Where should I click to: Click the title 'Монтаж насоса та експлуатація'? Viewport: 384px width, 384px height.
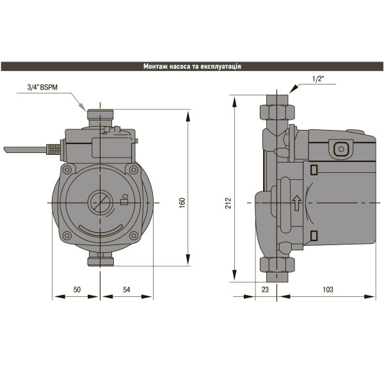point(192,66)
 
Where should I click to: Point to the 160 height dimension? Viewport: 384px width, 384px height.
point(182,202)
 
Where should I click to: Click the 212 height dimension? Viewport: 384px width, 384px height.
point(228,202)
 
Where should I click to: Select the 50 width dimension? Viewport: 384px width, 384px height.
point(76,290)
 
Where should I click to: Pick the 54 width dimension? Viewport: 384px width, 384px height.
point(126,290)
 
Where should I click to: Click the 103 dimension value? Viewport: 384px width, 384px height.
point(328,290)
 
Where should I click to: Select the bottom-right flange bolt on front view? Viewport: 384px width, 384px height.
point(132,236)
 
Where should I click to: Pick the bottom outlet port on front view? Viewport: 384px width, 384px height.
point(100,259)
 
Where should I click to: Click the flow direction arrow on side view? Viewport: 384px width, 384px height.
point(296,204)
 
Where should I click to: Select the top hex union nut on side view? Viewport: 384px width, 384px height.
point(276,111)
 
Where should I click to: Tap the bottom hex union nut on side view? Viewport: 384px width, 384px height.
point(276,265)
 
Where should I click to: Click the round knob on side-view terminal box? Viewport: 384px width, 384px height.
point(341,150)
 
